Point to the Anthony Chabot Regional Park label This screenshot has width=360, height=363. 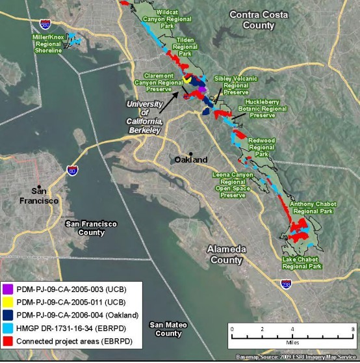pyautogui.click(x=311, y=207)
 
